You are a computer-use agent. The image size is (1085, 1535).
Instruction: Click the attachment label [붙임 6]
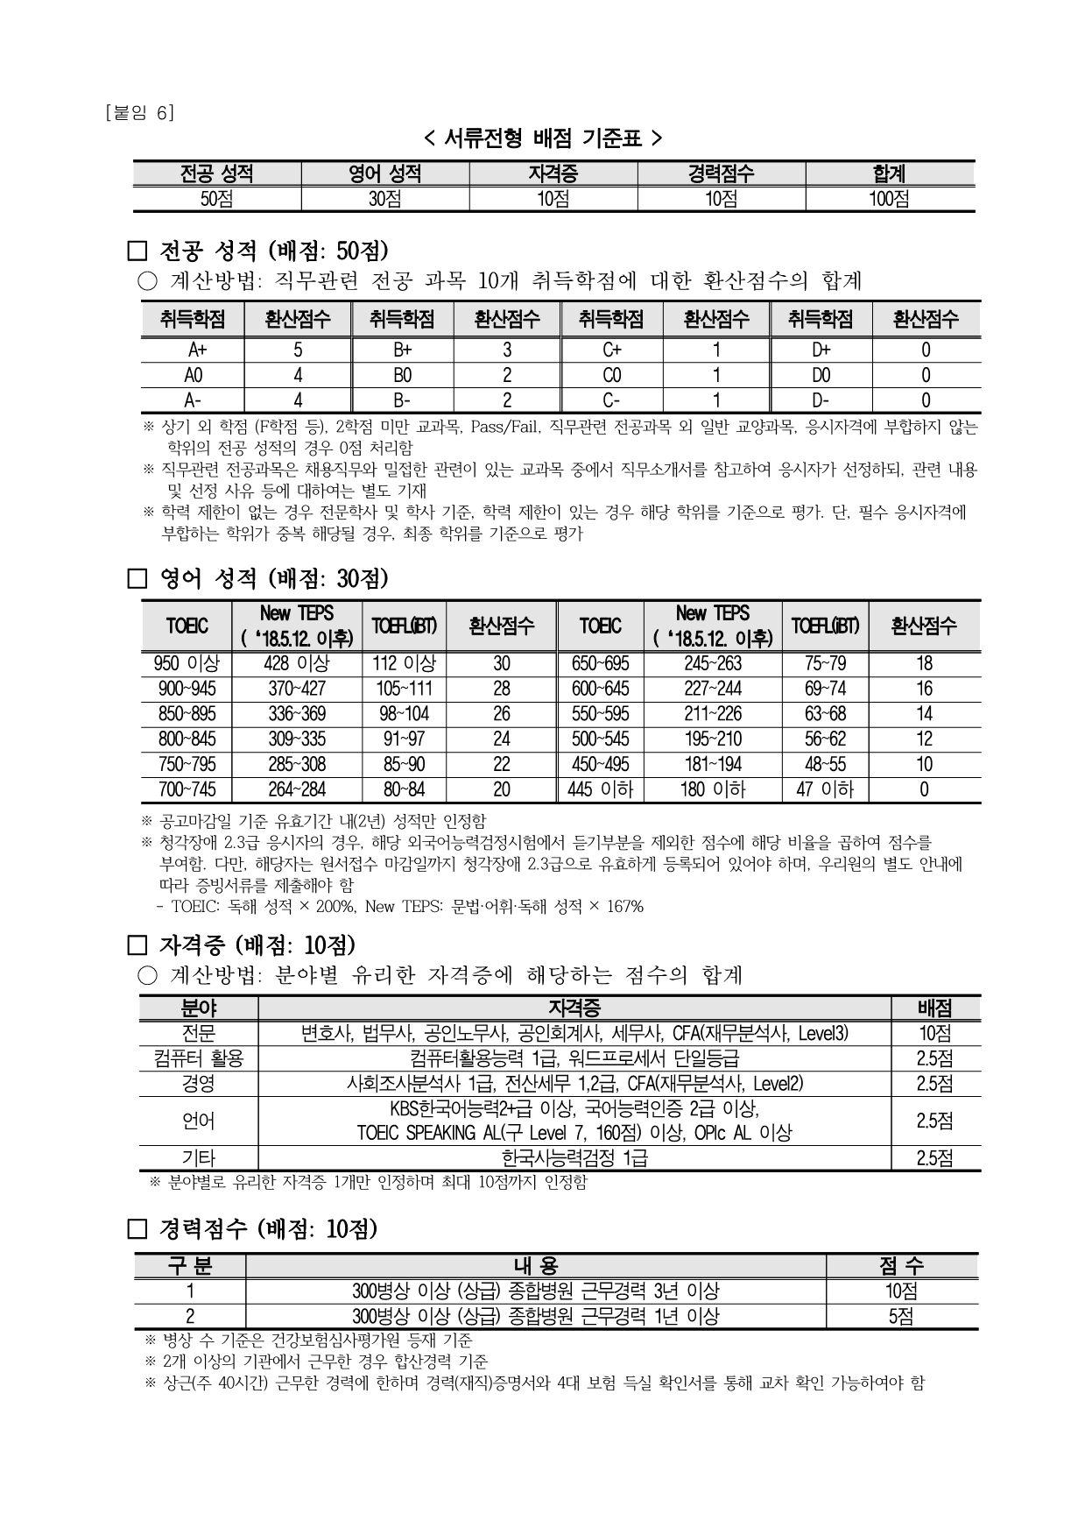(138, 113)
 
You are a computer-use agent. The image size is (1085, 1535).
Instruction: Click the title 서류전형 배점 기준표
(543, 138)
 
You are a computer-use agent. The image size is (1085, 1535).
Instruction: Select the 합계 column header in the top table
(889, 173)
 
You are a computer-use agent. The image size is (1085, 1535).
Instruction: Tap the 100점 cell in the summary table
(889, 199)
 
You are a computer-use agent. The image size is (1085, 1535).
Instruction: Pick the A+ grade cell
(193, 350)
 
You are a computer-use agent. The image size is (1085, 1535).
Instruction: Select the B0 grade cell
(402, 375)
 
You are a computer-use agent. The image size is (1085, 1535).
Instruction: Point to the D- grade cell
(821, 400)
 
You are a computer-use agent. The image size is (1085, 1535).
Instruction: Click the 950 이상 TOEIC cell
(187, 663)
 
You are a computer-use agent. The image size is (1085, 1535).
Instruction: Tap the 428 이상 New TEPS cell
(296, 663)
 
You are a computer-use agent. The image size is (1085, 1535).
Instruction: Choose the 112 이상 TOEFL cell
(404, 663)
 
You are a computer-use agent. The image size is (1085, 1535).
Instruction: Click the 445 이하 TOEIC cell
(600, 789)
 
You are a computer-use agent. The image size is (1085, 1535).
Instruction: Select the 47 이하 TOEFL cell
(825, 789)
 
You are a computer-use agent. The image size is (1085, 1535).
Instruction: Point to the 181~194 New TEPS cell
(712, 764)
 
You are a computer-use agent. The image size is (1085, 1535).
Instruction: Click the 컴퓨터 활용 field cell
(198, 1058)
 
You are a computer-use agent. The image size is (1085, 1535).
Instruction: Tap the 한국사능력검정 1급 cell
(574, 1158)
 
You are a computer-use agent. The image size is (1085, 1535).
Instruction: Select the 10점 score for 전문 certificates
(934, 1033)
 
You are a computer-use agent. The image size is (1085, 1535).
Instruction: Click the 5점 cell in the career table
(901, 1316)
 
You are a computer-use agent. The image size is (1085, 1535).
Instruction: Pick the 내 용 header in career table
(535, 1265)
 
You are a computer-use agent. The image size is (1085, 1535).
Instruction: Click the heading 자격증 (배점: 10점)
(257, 945)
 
